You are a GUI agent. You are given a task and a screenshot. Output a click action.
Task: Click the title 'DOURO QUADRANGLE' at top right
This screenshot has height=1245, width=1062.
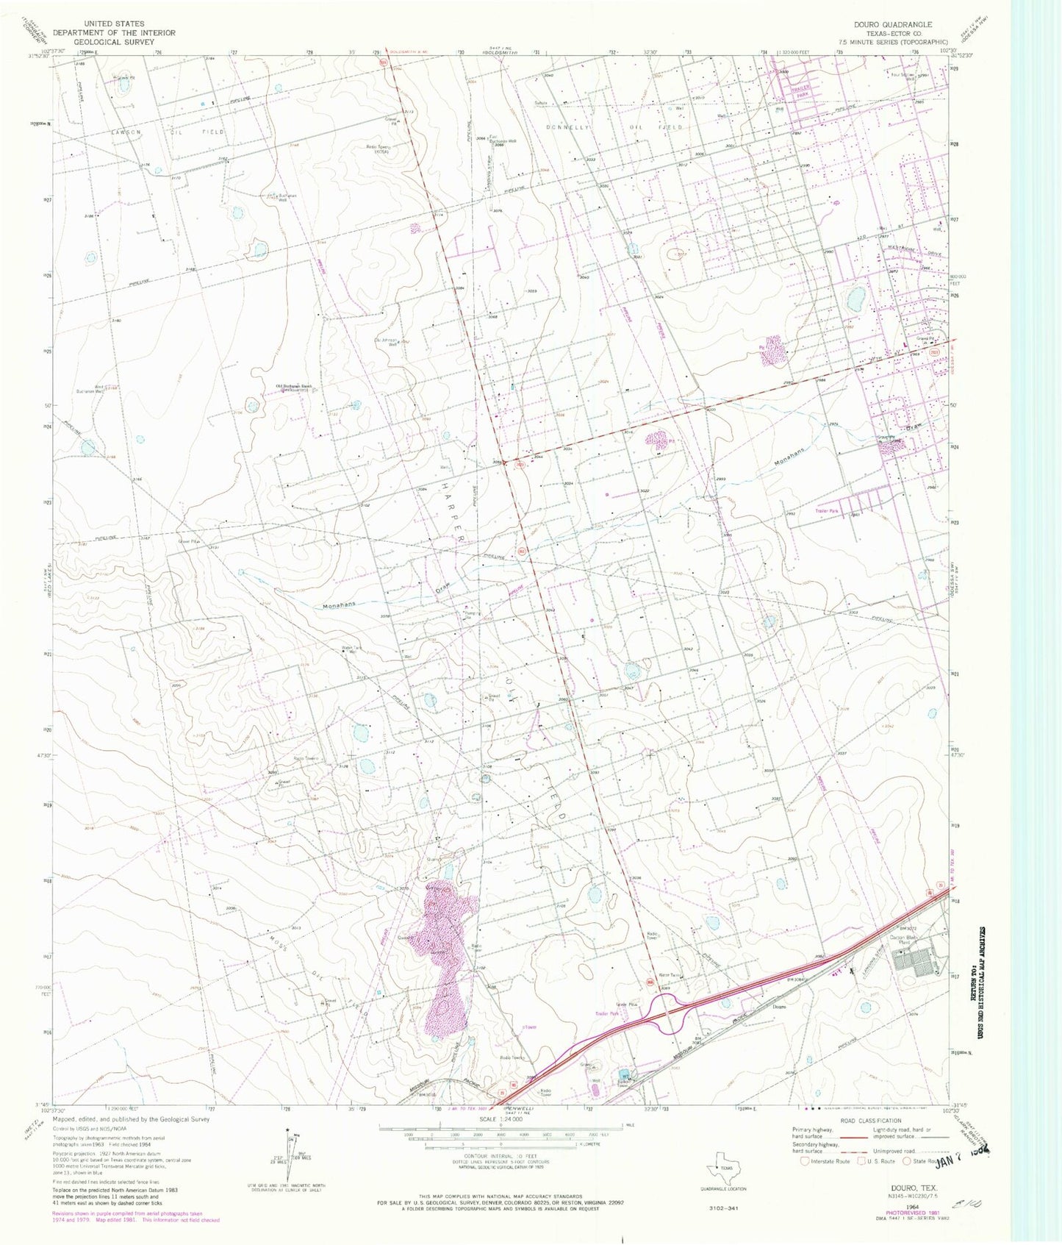[891, 24]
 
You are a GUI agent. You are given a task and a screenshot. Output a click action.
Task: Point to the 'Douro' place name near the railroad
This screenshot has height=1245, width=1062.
[780, 1007]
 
